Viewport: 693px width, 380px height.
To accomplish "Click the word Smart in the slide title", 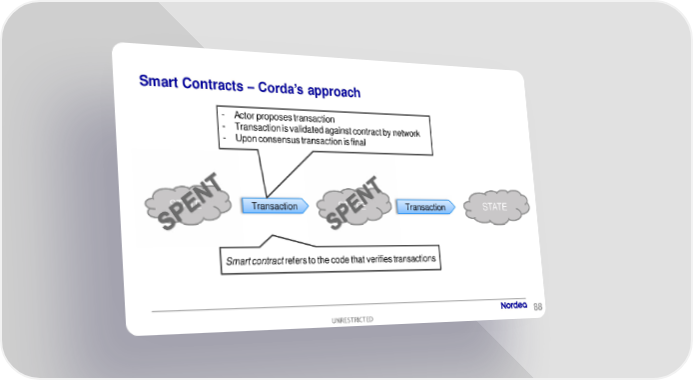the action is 158,81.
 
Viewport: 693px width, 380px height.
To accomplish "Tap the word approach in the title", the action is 335,92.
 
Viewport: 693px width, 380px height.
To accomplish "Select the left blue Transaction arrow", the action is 275,206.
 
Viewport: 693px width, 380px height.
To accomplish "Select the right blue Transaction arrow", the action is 425,207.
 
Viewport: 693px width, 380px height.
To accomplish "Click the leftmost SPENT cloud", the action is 189,203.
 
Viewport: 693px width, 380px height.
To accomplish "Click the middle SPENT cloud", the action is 354,206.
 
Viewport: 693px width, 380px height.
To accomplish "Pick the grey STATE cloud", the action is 496,207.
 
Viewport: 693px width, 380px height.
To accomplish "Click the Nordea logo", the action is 513,305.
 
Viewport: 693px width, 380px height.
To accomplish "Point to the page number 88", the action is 538,307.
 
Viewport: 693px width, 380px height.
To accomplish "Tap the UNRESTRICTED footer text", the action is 352,319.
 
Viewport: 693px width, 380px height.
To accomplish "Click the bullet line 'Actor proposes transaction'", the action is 285,117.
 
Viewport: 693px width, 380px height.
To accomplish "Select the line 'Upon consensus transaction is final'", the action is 301,140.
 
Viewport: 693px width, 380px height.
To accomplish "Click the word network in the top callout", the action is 406,133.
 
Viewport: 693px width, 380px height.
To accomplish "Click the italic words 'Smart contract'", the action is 255,261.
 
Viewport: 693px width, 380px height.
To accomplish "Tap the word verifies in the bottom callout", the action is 378,259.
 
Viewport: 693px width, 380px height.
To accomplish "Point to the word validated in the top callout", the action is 307,129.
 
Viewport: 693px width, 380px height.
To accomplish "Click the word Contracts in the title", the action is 213,84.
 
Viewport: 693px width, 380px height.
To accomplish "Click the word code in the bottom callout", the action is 340,260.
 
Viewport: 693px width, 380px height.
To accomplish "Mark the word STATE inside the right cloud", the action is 494,207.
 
